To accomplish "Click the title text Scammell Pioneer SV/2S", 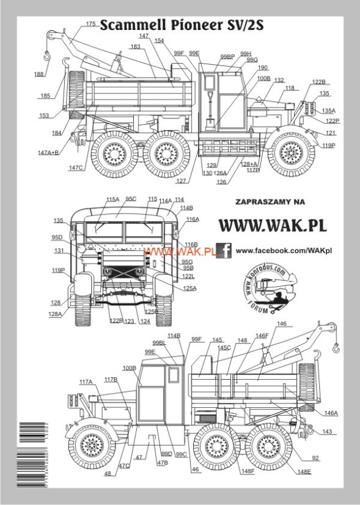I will pyautogui.click(x=177, y=25).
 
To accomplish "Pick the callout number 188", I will pyautogui.click(x=39, y=74).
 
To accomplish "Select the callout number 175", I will pyautogui.click(x=90, y=24).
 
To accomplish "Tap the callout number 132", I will pyautogui.click(x=279, y=80).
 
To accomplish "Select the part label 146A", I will pyautogui.click(x=331, y=413).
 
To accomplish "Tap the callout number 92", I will pyautogui.click(x=332, y=457).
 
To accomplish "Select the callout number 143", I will pyautogui.click(x=328, y=432).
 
